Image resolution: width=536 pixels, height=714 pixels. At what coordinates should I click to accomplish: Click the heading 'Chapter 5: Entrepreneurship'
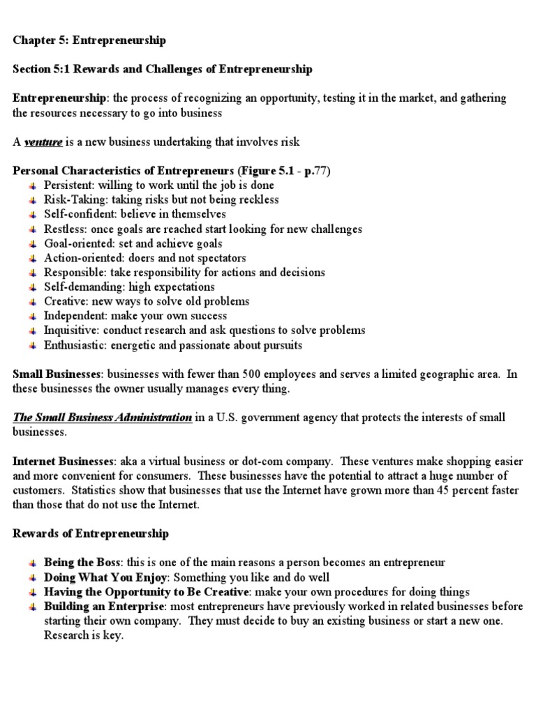click(x=89, y=40)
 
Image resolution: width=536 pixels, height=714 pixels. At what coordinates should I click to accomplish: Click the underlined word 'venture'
click(x=43, y=142)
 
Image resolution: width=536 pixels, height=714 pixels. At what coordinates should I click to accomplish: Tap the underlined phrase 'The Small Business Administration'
click(x=103, y=418)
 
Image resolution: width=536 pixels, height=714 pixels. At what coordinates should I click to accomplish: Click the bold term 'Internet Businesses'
click(x=63, y=462)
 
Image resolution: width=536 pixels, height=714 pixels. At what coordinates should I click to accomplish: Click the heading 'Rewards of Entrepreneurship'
click(x=90, y=534)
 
